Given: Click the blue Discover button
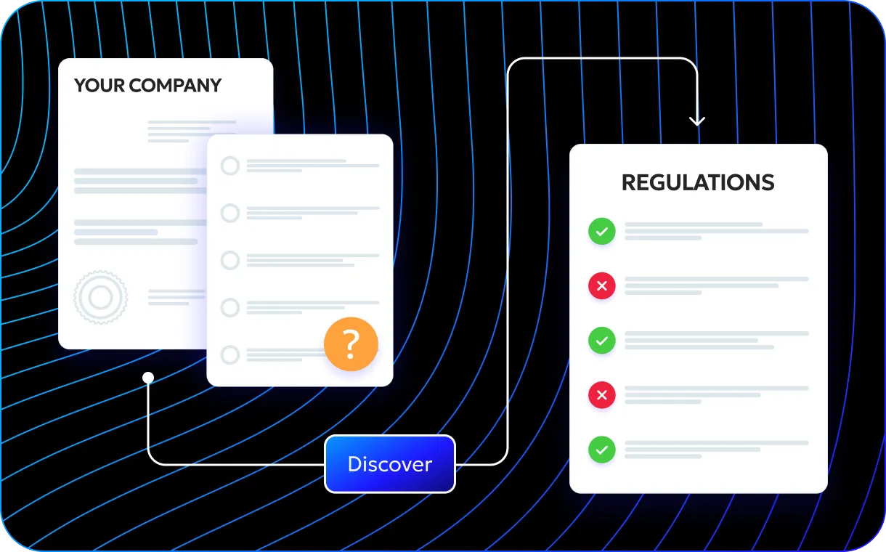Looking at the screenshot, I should (x=390, y=464).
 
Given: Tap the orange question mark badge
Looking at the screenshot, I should (x=351, y=344).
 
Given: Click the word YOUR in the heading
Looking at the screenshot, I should (x=99, y=86).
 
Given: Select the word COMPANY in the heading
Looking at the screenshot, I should (x=175, y=86).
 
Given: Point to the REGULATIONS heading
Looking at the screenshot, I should (x=698, y=182).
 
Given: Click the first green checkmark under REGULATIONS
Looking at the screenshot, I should (x=601, y=232).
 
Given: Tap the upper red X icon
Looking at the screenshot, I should (x=601, y=286).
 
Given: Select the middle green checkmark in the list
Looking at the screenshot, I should (x=601, y=341).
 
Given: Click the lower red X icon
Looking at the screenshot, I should (x=601, y=395).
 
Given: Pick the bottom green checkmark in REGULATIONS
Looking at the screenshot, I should (x=601, y=450).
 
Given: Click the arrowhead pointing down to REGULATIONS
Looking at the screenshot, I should (x=697, y=120).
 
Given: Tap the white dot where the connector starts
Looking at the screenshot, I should (x=148, y=378).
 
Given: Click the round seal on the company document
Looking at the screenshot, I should (x=100, y=296).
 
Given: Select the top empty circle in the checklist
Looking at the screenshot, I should (x=230, y=166).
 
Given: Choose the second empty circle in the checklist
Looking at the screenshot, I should (x=230, y=214).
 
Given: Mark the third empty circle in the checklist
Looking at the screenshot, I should (x=230, y=260).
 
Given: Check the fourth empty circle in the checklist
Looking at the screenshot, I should (x=230, y=307).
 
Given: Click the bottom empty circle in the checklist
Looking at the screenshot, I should (x=230, y=354).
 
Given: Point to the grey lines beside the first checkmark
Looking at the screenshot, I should (x=716, y=231).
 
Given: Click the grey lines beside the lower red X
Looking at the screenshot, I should (x=716, y=394).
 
